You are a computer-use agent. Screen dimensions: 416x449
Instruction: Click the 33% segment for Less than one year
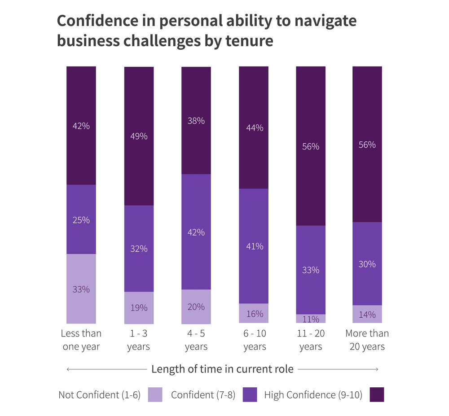click(x=81, y=289)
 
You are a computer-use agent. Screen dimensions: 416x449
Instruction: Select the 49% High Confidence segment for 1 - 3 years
click(x=139, y=136)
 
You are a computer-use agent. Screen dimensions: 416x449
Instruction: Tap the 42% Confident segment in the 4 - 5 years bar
click(x=196, y=232)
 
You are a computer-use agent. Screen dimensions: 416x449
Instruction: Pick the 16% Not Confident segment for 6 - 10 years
click(x=254, y=313)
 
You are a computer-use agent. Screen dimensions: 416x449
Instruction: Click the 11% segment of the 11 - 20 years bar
click(x=311, y=319)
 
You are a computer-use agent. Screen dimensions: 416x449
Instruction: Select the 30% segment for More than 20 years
click(x=367, y=264)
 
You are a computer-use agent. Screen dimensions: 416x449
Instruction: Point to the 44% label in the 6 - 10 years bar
click(x=254, y=128)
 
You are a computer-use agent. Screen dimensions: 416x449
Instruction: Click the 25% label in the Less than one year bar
click(x=81, y=220)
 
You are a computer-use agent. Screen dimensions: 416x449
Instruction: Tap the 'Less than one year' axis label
click(x=81, y=340)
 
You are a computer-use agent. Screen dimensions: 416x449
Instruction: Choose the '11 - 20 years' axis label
click(x=311, y=340)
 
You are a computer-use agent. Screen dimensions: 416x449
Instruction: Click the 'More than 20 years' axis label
click(x=367, y=340)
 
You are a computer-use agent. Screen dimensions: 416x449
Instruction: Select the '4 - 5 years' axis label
click(x=196, y=340)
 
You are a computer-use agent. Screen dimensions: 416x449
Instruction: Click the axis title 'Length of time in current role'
click(x=222, y=369)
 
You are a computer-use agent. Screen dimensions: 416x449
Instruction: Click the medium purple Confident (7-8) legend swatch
click(x=250, y=395)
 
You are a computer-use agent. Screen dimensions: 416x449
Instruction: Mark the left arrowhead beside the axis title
click(x=68, y=369)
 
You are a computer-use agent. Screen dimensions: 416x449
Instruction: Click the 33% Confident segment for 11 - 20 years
click(x=311, y=270)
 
